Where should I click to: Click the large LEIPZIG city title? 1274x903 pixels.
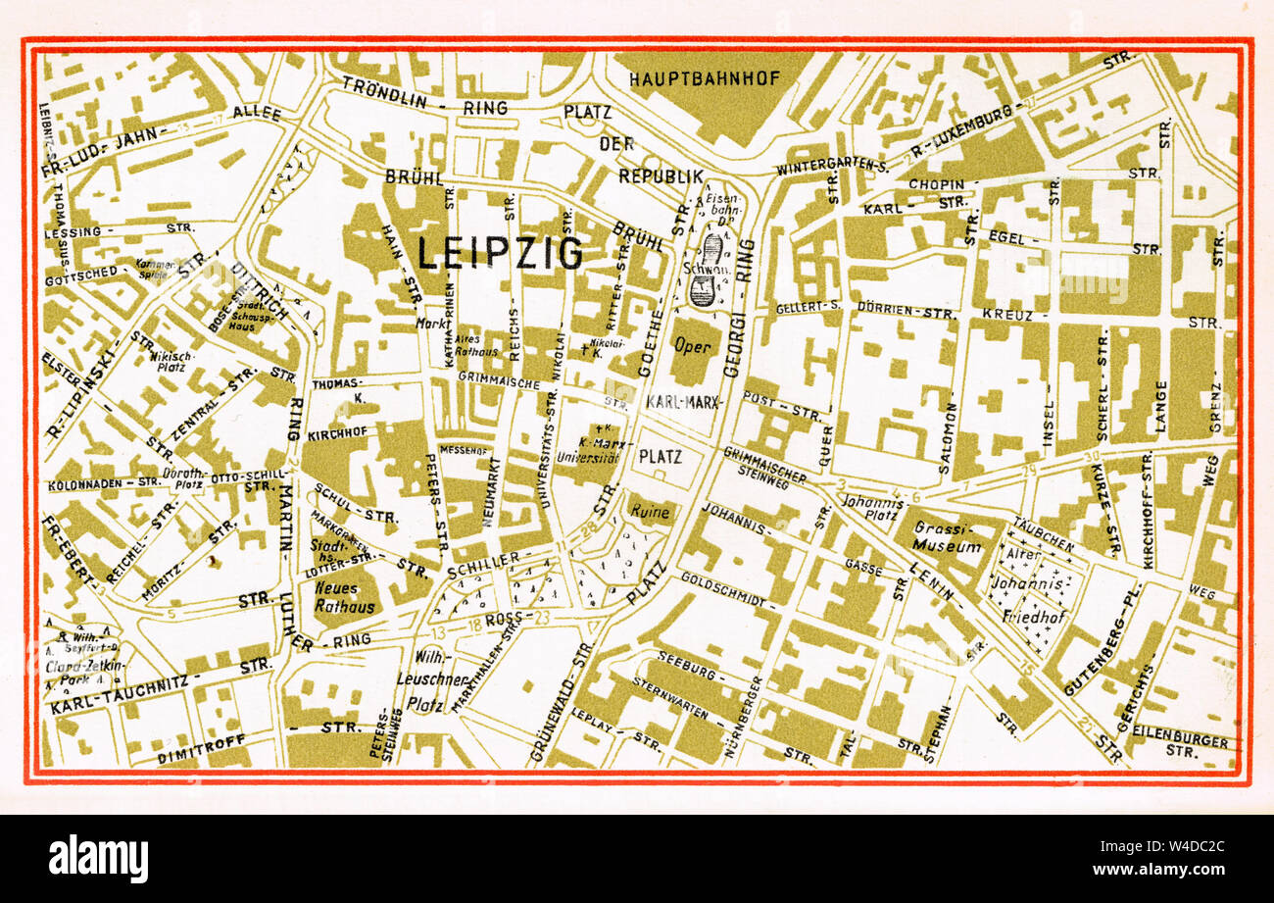[500, 254]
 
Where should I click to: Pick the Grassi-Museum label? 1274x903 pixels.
[946, 537]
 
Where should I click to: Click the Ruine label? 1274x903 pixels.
[652, 512]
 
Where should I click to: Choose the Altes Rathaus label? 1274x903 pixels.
[467, 344]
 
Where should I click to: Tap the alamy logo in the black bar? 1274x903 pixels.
[98, 859]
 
